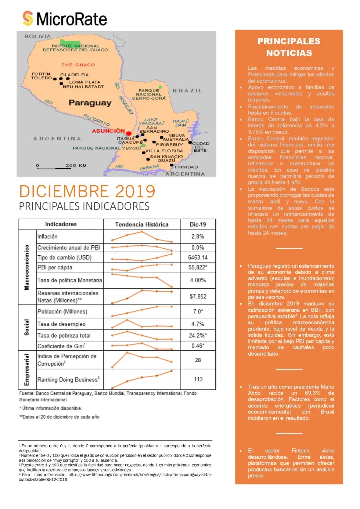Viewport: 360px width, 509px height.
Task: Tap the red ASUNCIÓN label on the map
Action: pos(108,131)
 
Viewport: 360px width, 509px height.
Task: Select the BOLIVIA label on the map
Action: pos(38,36)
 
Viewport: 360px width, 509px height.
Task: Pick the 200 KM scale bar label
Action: pos(76,165)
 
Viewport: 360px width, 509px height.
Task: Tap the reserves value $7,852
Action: pos(198,296)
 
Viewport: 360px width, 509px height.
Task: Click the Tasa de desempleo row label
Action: pos(61,324)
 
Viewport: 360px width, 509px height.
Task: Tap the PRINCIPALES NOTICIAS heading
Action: pos(289,47)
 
